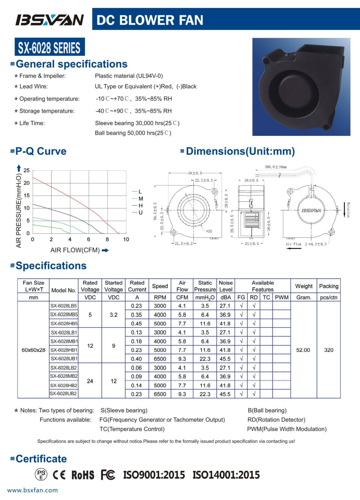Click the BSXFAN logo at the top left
pos(49,20)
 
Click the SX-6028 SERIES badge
pos(49,47)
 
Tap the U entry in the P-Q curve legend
pos(140,212)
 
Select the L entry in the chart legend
pos(140,192)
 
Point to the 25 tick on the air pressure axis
pos(27,170)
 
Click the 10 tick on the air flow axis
pos(126,239)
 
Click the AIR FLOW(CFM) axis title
pos(75,250)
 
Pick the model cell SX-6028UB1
pos(64,359)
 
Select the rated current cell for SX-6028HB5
pos(136,323)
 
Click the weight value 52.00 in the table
pos(303,350)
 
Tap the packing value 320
pos(329,350)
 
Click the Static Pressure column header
pos(205,286)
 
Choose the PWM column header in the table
pos(282,297)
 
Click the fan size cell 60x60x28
pos(33,350)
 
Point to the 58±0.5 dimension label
pos(195,173)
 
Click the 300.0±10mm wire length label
pos(276,167)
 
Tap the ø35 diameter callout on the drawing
pos(209,231)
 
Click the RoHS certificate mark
pos(83,475)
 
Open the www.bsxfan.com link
pos(32,490)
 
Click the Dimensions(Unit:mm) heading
pos(240,151)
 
